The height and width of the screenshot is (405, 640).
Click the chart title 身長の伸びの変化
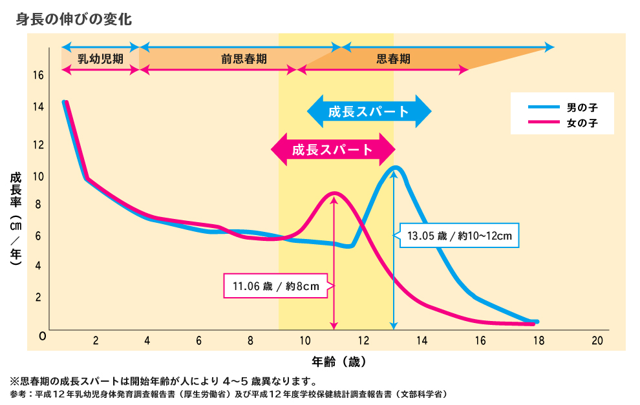point(74,19)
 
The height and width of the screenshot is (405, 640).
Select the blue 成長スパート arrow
point(368,111)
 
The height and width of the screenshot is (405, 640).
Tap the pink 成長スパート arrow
point(332,150)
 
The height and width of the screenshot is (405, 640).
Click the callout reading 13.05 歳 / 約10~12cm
point(459,236)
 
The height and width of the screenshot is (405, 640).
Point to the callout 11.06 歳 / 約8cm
point(277,286)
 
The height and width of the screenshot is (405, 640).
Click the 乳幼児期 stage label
point(100,58)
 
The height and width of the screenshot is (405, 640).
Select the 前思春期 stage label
point(244,58)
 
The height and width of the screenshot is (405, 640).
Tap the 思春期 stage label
point(393,58)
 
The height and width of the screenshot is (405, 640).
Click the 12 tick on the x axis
point(363,340)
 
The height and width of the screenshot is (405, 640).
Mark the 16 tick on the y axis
point(38,75)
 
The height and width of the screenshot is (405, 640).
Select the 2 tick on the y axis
point(38,297)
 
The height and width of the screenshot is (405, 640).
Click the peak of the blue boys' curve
point(396,168)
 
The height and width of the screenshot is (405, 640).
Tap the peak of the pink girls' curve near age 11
point(334,193)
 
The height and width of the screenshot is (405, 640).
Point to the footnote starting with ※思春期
point(162,380)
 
